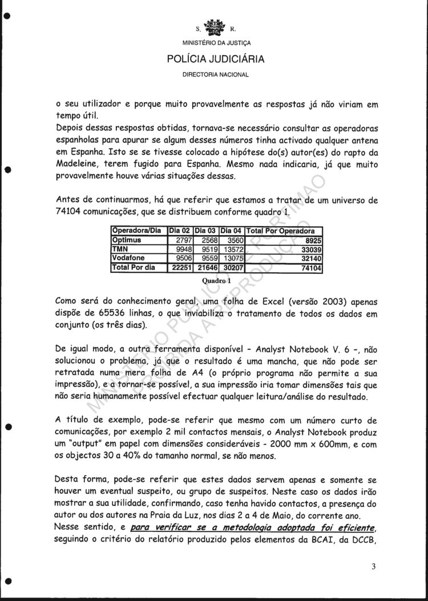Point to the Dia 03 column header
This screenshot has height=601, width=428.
coord(206,231)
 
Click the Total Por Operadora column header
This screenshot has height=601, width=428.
coord(280,231)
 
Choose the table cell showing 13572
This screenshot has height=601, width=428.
coord(232,249)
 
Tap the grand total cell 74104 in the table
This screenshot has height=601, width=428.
coord(311,267)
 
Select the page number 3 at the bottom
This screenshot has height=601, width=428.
coord(373,566)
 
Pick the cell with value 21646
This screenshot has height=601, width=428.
coord(206,267)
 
